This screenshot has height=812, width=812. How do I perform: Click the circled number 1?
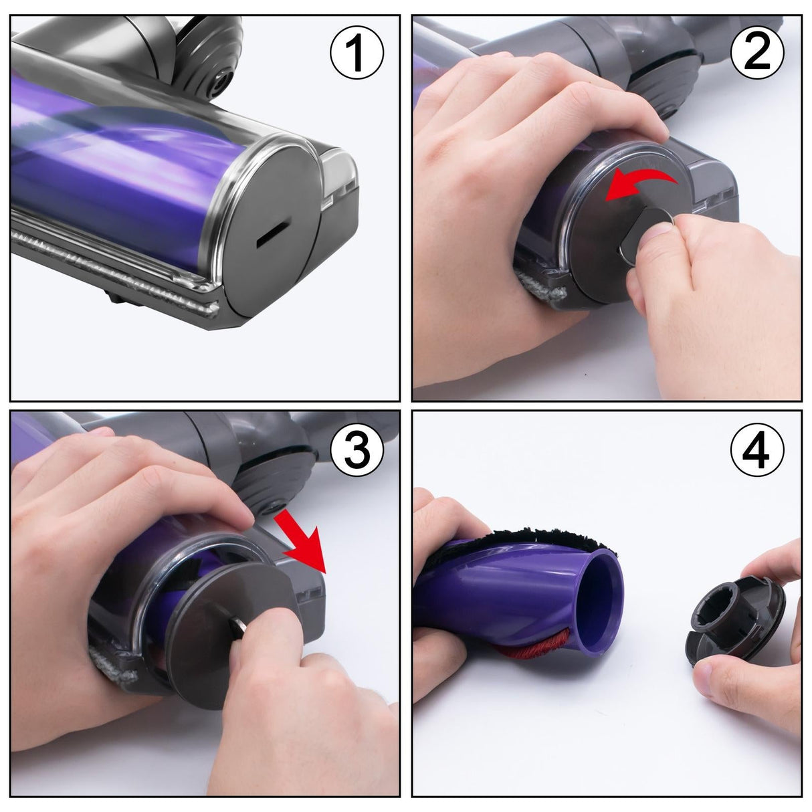pos(357,52)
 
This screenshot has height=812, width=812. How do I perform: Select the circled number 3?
pos(357,450)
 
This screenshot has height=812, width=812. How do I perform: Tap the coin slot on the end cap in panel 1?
pos(270,234)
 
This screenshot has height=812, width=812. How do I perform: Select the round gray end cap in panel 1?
pos(268,214)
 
